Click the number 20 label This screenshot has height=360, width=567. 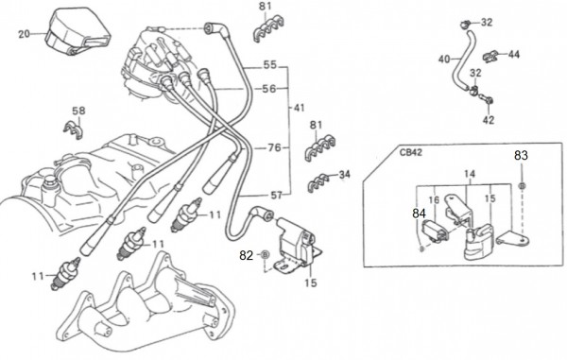[24, 34]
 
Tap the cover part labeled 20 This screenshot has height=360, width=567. [77, 32]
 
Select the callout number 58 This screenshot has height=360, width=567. [78, 111]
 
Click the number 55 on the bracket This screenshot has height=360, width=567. [269, 65]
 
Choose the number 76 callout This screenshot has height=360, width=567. [274, 147]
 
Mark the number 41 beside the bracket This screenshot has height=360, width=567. [299, 108]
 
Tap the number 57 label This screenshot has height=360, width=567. [276, 196]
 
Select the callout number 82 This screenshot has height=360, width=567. [247, 255]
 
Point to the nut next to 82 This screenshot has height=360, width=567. [265, 255]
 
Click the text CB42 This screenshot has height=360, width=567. [410, 152]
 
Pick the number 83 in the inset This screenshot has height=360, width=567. [521, 155]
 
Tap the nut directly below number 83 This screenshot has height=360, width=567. [522, 186]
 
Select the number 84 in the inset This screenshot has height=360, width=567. [419, 214]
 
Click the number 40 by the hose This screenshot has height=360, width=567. [444, 59]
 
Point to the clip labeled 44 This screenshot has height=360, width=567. [490, 57]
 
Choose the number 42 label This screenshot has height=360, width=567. [489, 120]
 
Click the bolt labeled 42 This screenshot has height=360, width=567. [486, 98]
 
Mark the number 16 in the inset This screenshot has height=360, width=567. [434, 200]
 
